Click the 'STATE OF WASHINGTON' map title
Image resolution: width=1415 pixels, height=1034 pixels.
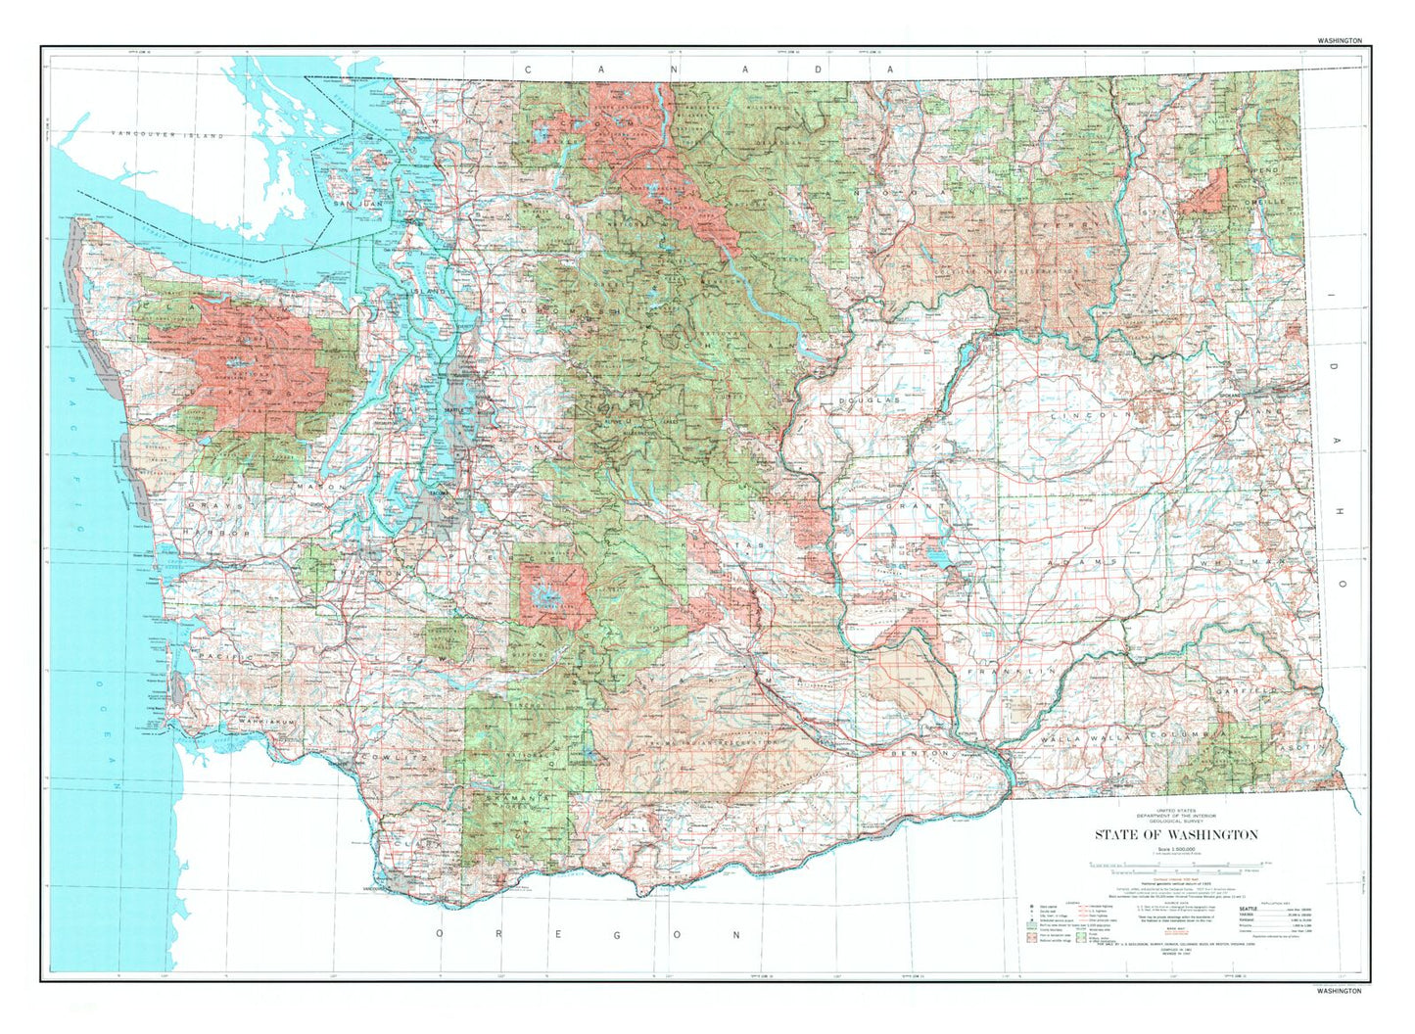[1176, 834]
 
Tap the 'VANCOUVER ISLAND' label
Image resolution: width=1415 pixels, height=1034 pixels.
[167, 134]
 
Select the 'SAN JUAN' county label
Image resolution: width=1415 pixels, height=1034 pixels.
[354, 204]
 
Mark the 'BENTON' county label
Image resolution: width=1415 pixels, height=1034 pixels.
[920, 753]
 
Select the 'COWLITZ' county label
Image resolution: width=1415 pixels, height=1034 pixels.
[392, 758]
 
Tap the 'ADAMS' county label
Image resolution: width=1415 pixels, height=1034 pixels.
[1082, 562]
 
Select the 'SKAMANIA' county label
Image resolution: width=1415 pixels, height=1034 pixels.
[510, 799]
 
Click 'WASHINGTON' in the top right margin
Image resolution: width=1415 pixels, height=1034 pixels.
[1339, 41]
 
